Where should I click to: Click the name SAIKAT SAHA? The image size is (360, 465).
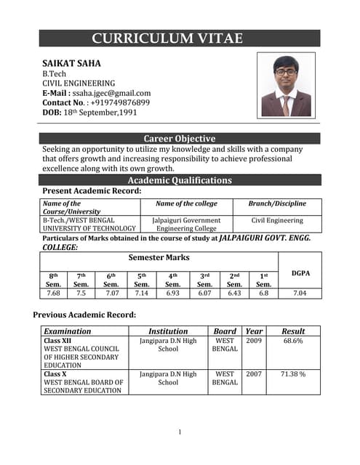pos(71,63)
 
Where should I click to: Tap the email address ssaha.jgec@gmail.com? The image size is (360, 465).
pos(111,93)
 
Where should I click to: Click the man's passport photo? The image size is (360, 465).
pos(286,86)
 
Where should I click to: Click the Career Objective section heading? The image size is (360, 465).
pos(180,139)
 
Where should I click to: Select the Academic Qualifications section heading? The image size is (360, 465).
pos(180,180)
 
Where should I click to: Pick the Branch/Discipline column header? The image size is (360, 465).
pos(277,204)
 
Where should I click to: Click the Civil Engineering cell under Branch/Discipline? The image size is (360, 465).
pos(277,220)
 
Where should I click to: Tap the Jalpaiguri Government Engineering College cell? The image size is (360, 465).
pos(186,224)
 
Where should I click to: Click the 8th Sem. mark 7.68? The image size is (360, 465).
pos(53,294)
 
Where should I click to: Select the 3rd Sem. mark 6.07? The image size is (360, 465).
pos(204,294)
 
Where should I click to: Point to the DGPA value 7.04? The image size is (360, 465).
pos(300,294)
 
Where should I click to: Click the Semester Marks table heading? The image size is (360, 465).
pos(159,257)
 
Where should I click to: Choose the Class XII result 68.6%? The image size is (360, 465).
pos(293,340)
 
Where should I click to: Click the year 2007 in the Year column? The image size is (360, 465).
pos(253,374)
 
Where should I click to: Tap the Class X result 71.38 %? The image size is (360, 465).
pos(293,374)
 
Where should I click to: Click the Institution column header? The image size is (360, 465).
pos(168,331)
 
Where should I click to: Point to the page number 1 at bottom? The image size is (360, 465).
pos(180,433)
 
